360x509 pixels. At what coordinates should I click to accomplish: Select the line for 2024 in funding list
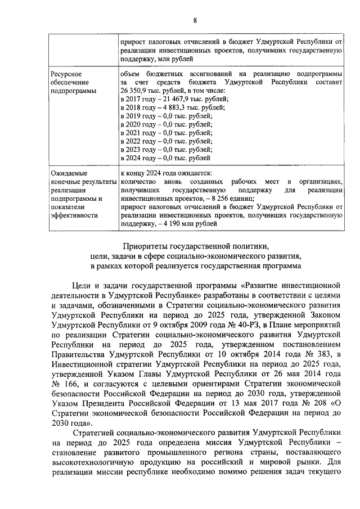166,158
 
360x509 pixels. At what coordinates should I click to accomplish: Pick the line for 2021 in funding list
166,133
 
